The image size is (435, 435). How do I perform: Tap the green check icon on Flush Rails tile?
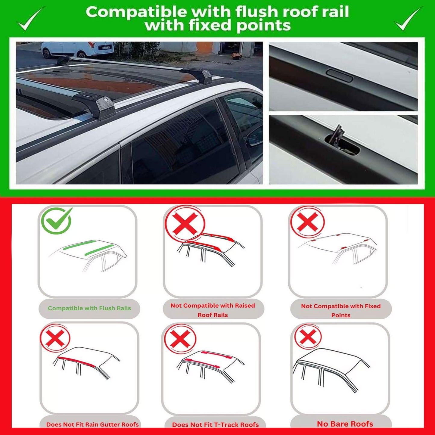click(x=57, y=221)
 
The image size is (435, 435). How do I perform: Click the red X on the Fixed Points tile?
click(x=307, y=222)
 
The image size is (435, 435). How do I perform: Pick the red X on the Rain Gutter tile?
click(x=55, y=337)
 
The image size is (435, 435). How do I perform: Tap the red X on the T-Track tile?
click(x=180, y=338)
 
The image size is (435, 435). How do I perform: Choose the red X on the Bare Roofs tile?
click(x=308, y=336)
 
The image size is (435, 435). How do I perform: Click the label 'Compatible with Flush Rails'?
click(x=89, y=308)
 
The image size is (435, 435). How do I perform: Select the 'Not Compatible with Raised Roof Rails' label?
click(x=213, y=310)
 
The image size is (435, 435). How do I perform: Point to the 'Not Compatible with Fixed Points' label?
click(x=341, y=310)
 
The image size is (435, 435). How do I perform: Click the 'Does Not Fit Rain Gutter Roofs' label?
click(x=92, y=424)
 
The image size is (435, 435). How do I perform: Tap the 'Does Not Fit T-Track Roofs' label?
click(x=215, y=424)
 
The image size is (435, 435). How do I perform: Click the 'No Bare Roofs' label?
click(x=345, y=424)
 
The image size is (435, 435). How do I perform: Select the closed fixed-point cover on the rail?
click(x=339, y=75)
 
